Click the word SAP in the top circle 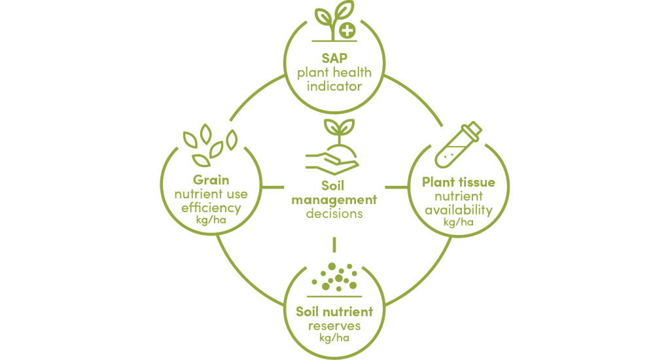point(334,58)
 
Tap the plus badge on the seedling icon point(347,31)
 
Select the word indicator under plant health point(334,86)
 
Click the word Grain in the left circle point(211,179)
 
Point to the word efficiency point(211,208)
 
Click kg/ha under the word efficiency point(211,220)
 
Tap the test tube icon point(458,145)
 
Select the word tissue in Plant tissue point(476,182)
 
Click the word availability point(459,210)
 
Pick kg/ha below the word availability point(459,222)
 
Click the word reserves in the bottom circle point(334,326)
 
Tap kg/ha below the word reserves point(334,338)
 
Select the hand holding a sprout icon point(333,147)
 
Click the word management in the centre point(334,200)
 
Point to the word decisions point(334,213)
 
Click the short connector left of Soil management point(273,187)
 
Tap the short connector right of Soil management point(397,187)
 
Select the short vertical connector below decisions point(334,245)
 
